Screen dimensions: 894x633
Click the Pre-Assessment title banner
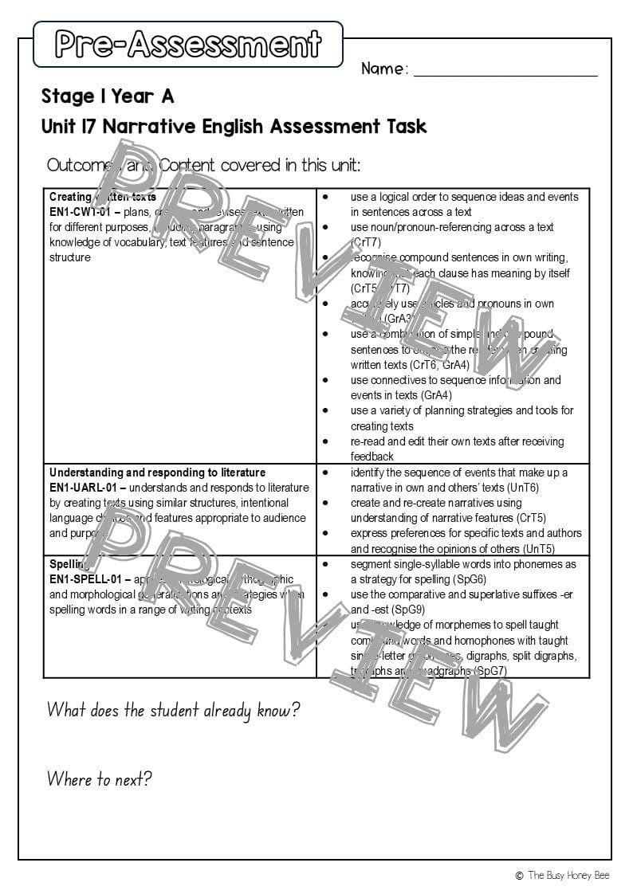[x=188, y=45]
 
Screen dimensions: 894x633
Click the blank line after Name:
[x=505, y=70]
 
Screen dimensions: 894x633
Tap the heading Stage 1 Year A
[x=108, y=97]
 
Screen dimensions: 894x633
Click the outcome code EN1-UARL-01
[x=83, y=488]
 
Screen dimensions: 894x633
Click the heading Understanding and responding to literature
[x=157, y=472]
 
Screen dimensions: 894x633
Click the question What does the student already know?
[x=173, y=710]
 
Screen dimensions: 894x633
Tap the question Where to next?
[x=99, y=778]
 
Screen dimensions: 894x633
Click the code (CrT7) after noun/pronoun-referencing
[x=366, y=242]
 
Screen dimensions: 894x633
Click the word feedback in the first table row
[x=372, y=457]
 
